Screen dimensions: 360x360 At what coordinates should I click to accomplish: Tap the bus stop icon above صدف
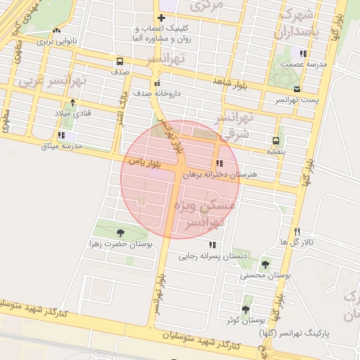tap(119, 61)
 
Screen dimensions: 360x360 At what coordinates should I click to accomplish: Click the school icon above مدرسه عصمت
tap(303, 53)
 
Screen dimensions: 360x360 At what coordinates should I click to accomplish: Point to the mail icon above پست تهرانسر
tap(297, 89)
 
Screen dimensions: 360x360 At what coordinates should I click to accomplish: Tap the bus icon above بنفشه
tap(275, 140)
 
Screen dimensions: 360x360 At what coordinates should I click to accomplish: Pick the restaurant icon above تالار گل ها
tap(297, 231)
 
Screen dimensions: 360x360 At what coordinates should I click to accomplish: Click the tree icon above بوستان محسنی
tap(265, 264)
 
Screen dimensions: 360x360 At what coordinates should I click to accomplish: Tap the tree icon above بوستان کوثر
tap(246, 309)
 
